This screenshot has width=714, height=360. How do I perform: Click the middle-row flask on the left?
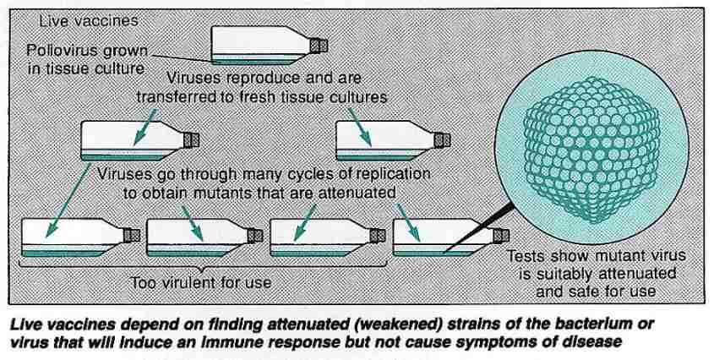pyautogui.click(x=136, y=139)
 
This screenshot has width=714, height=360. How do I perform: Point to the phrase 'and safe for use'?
pyautogui.click(x=601, y=291)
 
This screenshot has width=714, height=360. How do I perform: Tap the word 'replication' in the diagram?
pyautogui.click(x=392, y=173)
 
